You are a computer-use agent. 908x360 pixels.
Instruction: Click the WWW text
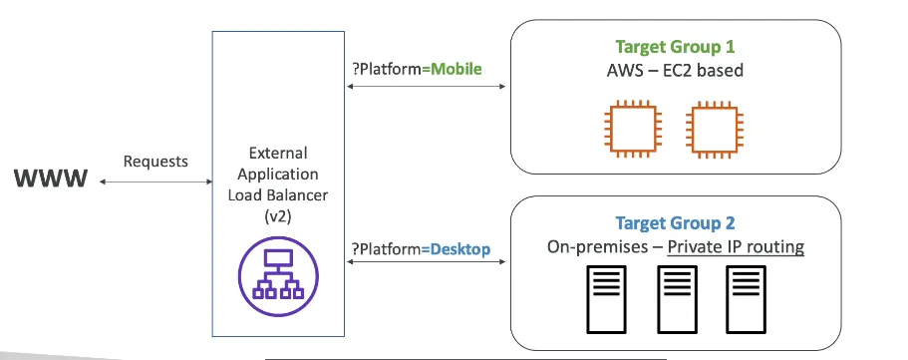(x=51, y=180)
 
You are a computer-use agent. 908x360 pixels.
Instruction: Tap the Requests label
(x=154, y=160)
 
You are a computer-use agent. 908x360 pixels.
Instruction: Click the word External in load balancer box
(x=278, y=154)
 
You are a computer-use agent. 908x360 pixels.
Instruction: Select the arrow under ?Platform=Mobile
(x=425, y=87)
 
